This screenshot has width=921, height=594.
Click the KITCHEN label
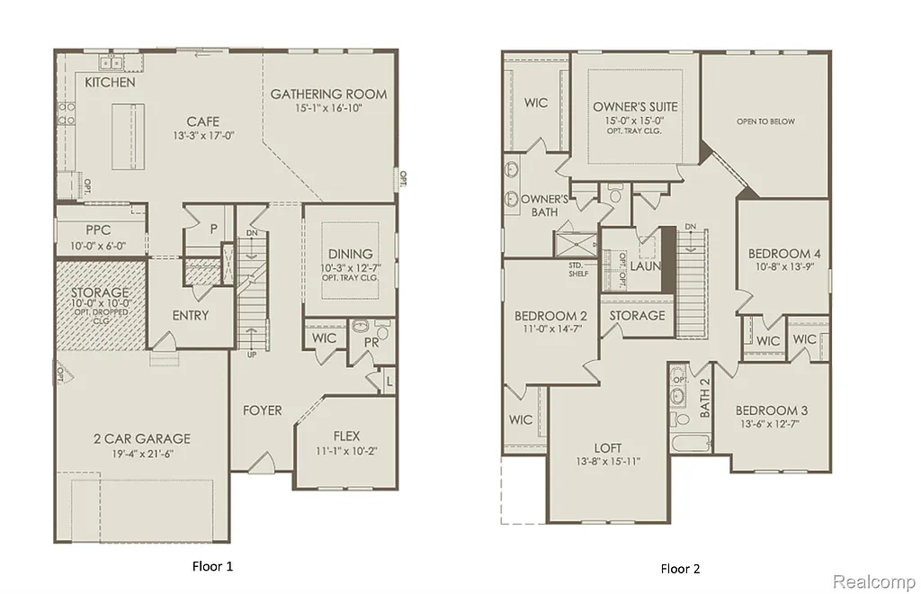pos(110,83)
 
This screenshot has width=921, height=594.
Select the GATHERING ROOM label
pos(328,94)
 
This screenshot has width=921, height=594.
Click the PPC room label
pos(99,229)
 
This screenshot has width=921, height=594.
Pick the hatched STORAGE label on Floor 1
pos(101,293)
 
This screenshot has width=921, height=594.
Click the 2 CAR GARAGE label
pos(142,439)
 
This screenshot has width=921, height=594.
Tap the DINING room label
pos(350,255)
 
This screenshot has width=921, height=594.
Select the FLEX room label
pos(346,436)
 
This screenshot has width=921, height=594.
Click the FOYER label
pos(262,410)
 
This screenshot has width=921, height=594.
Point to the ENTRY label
pos(190,316)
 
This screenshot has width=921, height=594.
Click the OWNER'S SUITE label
pos(635,107)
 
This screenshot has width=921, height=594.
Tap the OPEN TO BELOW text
pos(765,121)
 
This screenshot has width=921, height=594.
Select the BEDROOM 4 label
pos(783,254)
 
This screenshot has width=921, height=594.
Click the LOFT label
pos(608,447)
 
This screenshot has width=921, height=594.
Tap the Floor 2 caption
pos(680,568)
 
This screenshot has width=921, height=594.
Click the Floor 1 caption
pos(212,566)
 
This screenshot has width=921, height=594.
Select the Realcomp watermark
pos(872,582)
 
